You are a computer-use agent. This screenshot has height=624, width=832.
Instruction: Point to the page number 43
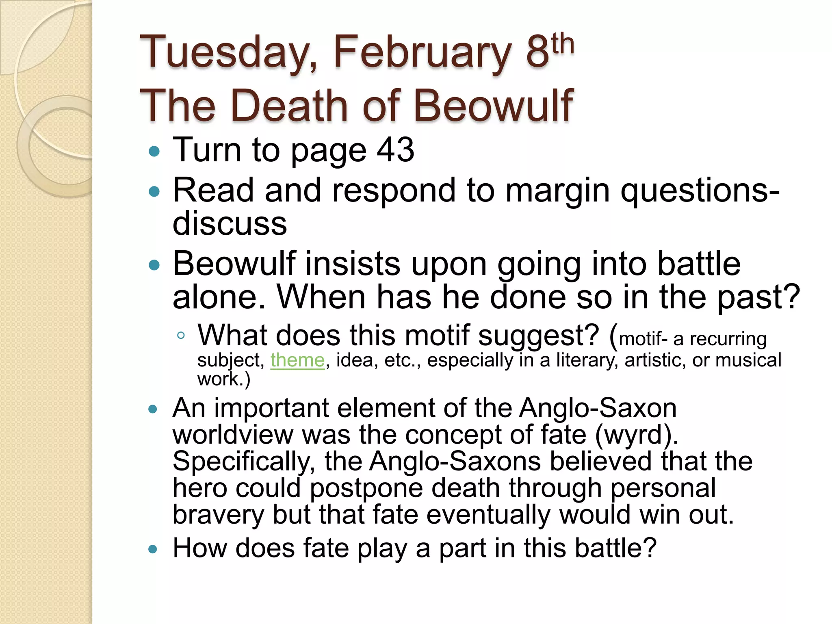[x=395, y=149]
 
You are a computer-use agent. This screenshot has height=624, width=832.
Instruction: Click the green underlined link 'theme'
[x=297, y=360]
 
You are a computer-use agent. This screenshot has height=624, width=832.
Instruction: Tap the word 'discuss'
[x=230, y=223]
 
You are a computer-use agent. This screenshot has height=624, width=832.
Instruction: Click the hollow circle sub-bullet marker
[x=181, y=336]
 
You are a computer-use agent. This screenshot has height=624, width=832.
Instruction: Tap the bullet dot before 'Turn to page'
[x=154, y=152]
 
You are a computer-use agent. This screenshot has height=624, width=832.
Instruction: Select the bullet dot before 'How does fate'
[x=153, y=550]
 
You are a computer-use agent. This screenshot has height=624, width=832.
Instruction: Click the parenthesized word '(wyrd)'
[x=637, y=435]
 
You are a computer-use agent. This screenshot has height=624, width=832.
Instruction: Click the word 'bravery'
[x=218, y=515]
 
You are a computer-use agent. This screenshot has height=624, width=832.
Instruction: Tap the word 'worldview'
[x=232, y=435]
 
